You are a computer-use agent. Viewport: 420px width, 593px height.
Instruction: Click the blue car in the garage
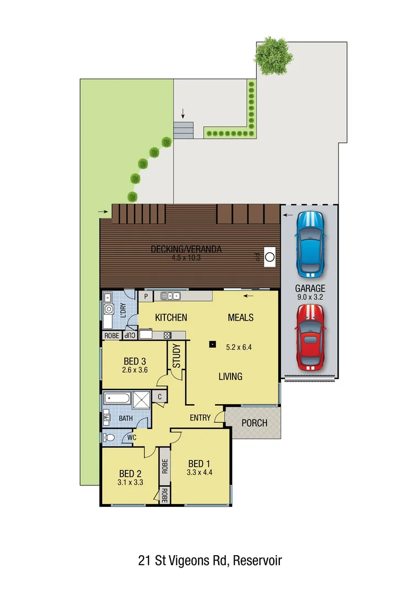point(310,244)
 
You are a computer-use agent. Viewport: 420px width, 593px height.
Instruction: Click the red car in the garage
point(309,337)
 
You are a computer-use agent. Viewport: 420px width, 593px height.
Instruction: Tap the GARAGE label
point(310,288)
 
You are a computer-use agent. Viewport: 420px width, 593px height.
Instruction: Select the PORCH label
point(255,423)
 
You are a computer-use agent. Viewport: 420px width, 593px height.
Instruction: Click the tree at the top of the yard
point(273,55)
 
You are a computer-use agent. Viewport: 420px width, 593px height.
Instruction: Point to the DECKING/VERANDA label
point(186,249)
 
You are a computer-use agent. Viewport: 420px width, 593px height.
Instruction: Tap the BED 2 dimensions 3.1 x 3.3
point(131,483)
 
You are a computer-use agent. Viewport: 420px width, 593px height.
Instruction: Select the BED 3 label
point(134,361)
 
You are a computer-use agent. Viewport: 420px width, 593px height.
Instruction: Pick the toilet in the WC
point(109,438)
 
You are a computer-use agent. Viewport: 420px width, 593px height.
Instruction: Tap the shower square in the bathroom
point(141,400)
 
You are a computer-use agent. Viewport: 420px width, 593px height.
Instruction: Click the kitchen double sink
point(170,296)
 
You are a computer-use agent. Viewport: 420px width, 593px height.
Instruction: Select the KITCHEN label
point(171,317)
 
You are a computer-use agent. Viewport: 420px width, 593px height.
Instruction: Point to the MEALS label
point(240,317)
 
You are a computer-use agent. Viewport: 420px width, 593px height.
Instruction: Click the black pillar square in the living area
point(211,345)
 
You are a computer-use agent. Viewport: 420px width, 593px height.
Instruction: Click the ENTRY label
point(200,418)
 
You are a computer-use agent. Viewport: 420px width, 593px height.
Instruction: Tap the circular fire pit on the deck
point(270,256)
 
